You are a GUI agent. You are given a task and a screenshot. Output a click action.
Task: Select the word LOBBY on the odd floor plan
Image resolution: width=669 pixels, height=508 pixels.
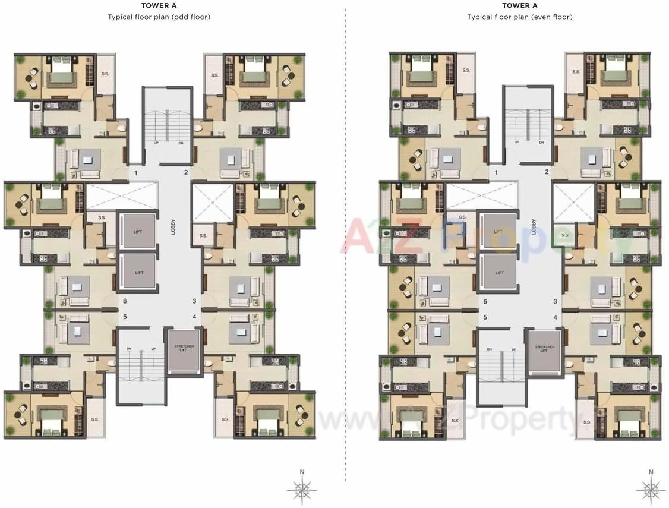click(x=173, y=228)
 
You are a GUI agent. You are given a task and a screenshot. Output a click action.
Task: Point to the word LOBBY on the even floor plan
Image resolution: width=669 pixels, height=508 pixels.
click(x=534, y=228)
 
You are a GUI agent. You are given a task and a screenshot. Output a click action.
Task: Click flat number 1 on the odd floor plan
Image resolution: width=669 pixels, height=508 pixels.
click(x=136, y=173)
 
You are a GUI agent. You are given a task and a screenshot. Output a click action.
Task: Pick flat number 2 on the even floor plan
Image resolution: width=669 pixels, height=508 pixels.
click(x=547, y=172)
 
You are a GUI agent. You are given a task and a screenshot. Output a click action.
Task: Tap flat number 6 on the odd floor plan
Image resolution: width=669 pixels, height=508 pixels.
click(x=125, y=302)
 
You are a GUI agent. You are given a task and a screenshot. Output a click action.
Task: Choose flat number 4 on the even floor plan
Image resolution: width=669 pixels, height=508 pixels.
click(x=556, y=317)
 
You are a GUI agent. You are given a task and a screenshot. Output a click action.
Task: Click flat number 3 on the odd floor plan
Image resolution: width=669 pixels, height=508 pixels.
click(x=194, y=302)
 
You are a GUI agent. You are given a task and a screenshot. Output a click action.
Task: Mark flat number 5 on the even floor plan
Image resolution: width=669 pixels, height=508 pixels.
click(x=485, y=317)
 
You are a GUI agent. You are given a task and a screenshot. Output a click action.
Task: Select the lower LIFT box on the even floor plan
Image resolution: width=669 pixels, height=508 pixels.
click(x=498, y=273)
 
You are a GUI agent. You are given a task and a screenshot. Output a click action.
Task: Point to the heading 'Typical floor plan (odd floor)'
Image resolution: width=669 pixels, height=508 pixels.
click(x=159, y=17)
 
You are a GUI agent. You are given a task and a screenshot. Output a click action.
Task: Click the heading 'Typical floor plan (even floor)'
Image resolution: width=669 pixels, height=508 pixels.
click(x=520, y=17)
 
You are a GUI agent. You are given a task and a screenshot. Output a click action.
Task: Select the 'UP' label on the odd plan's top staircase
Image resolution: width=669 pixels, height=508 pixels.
click(x=156, y=143)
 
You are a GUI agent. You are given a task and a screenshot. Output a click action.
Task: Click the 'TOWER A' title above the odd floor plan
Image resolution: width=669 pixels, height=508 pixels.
click(x=159, y=5)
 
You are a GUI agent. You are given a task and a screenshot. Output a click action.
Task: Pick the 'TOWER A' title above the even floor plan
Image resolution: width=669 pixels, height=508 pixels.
click(x=520, y=5)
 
